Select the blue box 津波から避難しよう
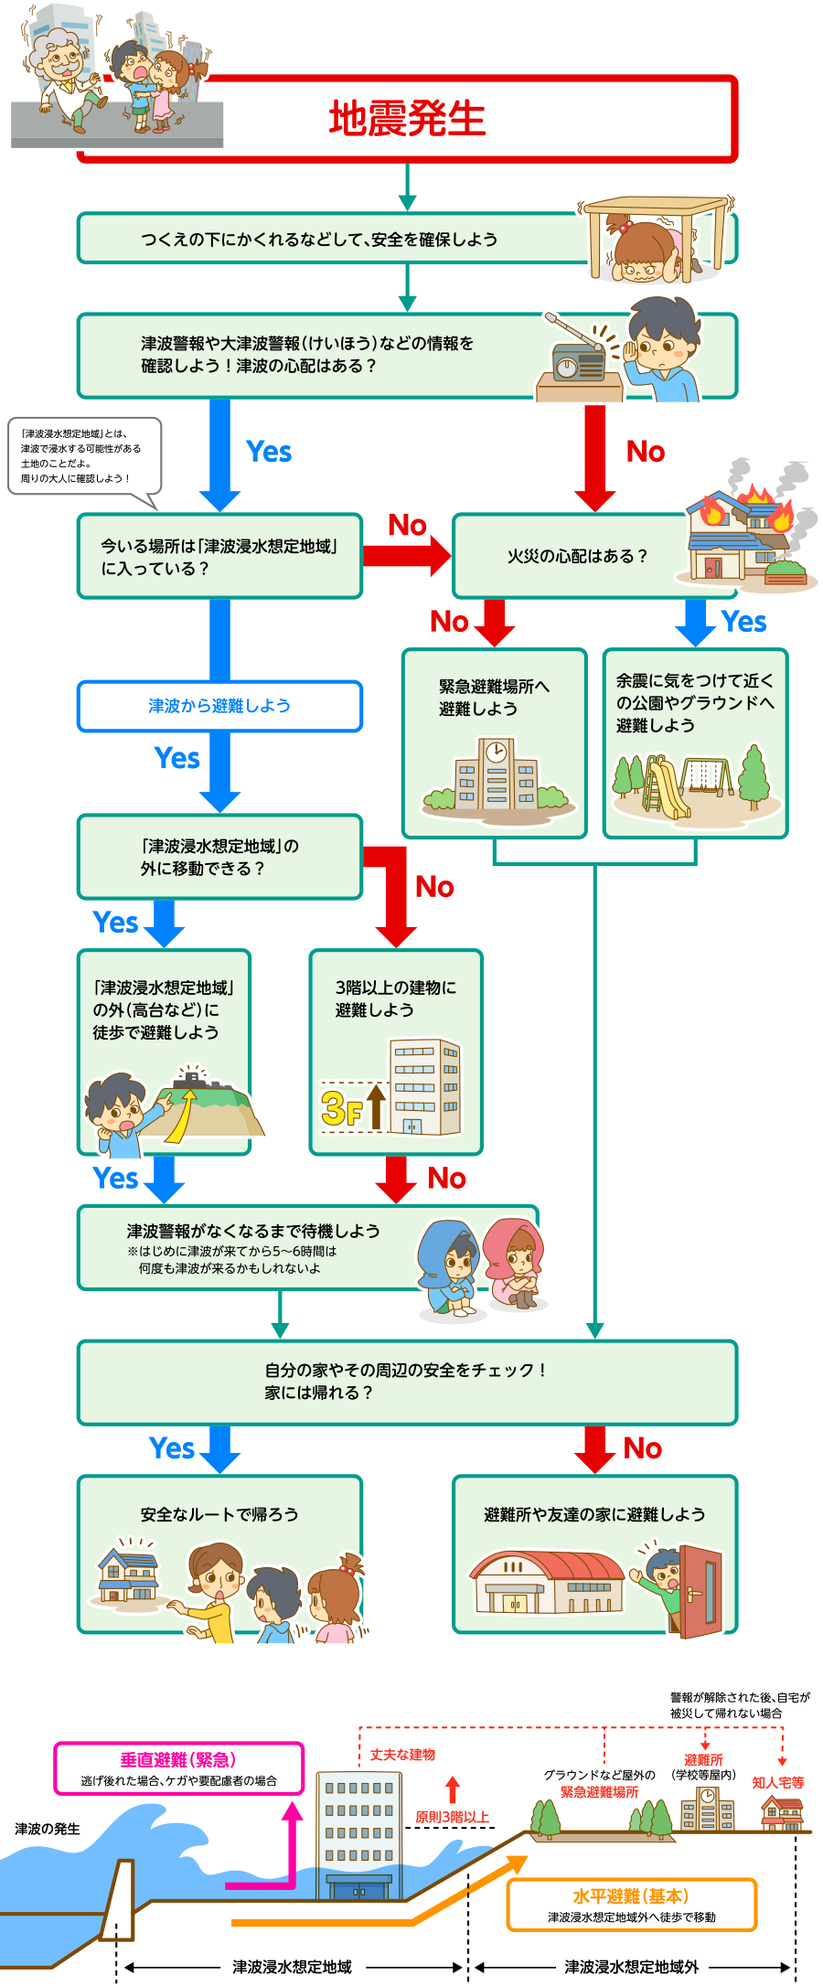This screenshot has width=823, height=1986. pyautogui.click(x=219, y=706)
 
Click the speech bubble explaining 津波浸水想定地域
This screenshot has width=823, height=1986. pyautogui.click(x=84, y=455)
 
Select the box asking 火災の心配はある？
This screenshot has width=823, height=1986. pyautogui.click(x=576, y=556)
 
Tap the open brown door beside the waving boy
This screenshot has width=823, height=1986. pyautogui.click(x=700, y=1591)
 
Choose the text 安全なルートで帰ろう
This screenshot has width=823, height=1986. pyautogui.click(x=219, y=1514)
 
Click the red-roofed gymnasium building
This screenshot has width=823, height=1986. pyautogui.click(x=547, y=1582)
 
